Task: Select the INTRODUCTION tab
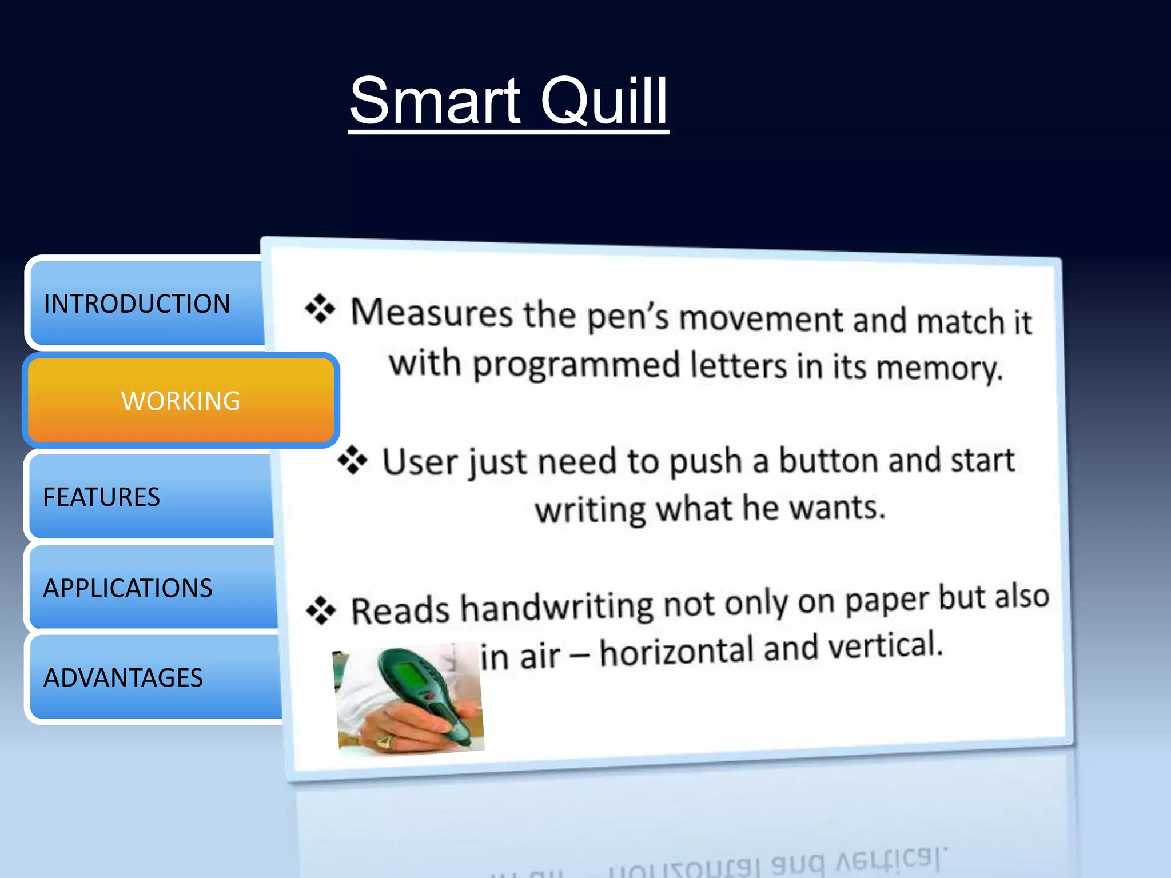(137, 304)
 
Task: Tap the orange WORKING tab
(181, 401)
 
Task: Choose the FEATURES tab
(102, 497)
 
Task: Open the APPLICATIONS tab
(128, 588)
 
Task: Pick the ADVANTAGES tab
(124, 678)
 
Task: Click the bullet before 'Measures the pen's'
(320, 309)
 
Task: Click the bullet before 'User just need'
(352, 460)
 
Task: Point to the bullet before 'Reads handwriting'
(321, 610)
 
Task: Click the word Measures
(432, 313)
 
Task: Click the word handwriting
(557, 607)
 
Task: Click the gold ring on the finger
(384, 741)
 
